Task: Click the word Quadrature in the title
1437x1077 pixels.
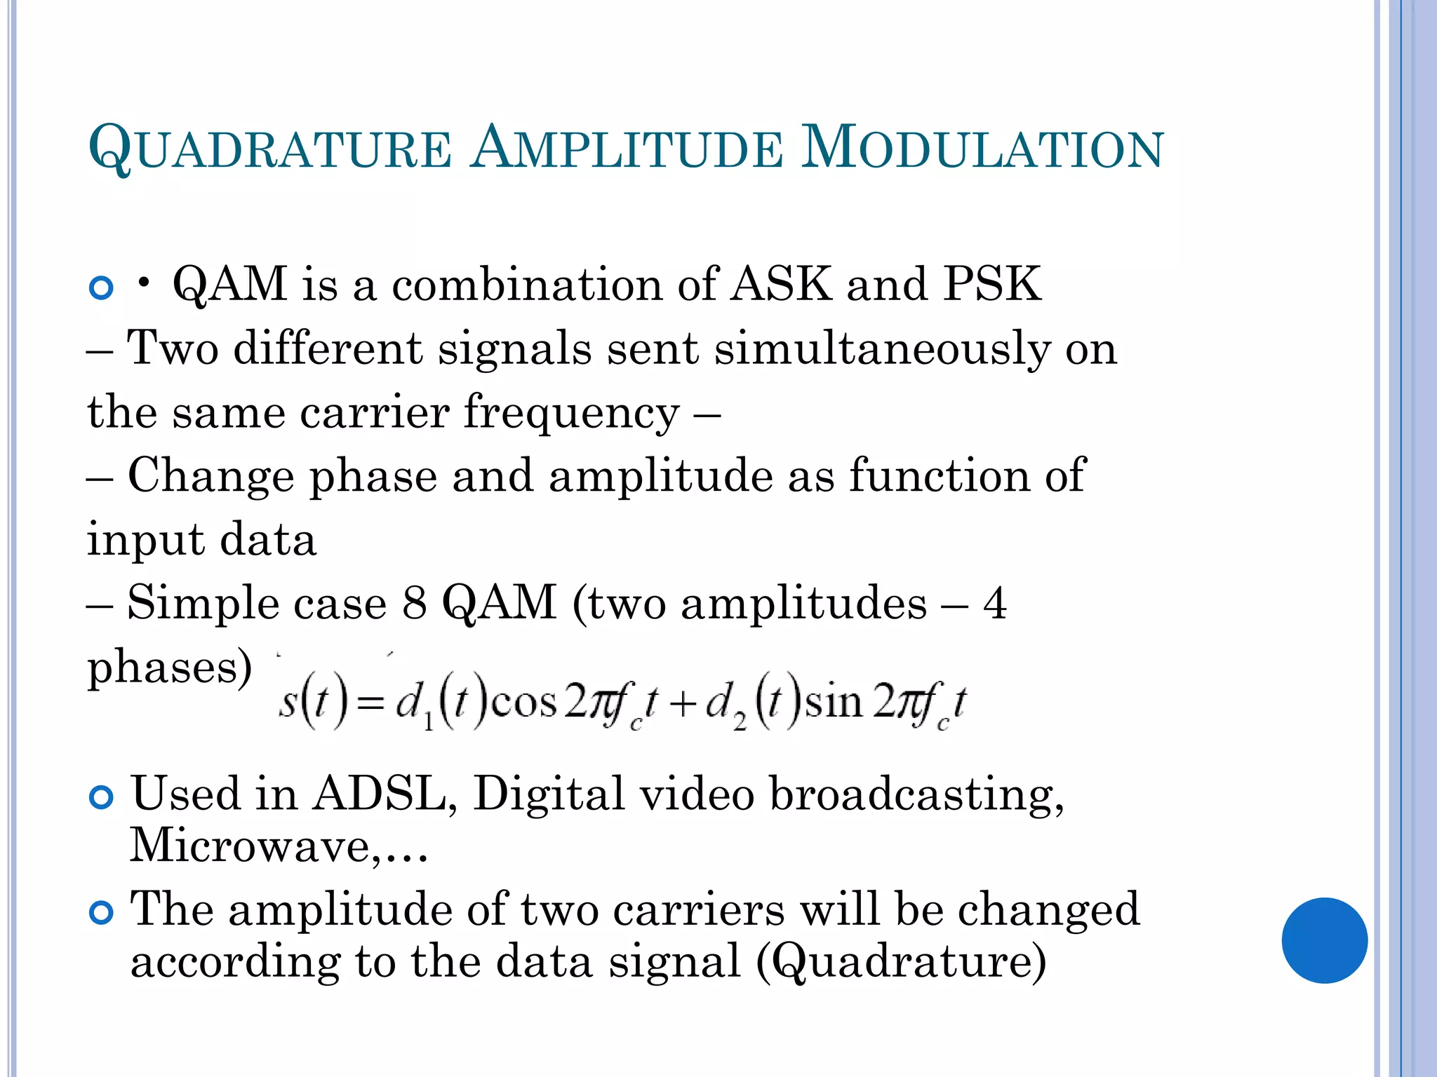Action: [x=270, y=148]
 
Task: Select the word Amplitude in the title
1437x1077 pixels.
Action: [x=626, y=148]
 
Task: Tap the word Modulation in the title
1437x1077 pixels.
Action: [x=982, y=148]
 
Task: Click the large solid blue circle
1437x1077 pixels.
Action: [x=1324, y=940]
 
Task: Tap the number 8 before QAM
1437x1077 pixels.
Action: [x=415, y=602]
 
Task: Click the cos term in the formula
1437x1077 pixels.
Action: [x=524, y=703]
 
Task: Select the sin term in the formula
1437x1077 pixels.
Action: [x=834, y=703]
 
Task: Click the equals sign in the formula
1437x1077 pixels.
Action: [x=370, y=704]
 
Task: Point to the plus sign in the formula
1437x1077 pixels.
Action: [x=681, y=704]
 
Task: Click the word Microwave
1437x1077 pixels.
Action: [x=249, y=845]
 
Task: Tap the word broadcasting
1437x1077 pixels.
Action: [x=916, y=794]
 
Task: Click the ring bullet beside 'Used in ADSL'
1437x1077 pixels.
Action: [x=102, y=797]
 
